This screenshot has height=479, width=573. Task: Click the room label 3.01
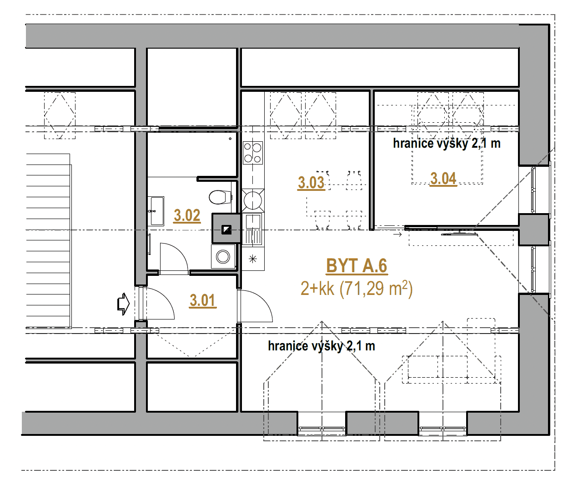coord(203,301)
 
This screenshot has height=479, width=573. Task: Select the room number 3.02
coord(187,215)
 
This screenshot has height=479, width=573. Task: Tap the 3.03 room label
coord(311,183)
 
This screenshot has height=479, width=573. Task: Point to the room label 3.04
coord(443,179)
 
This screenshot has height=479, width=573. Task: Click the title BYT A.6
coord(357,266)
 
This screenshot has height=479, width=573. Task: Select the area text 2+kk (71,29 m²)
coord(357,289)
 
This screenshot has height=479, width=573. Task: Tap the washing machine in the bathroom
coord(223,257)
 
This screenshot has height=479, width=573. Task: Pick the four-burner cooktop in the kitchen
coord(252,153)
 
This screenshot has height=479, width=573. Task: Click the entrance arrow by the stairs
coord(123,304)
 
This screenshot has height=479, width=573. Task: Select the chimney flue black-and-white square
coord(226,230)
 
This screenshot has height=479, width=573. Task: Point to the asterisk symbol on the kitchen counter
coord(253,259)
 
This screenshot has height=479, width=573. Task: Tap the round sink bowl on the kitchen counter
coord(253,200)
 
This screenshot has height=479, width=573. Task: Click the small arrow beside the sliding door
coord(397,235)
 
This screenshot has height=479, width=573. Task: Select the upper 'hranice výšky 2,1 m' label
coord(447,143)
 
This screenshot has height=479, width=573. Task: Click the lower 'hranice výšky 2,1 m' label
coord(322,346)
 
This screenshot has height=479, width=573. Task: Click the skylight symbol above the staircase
coord(60,115)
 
